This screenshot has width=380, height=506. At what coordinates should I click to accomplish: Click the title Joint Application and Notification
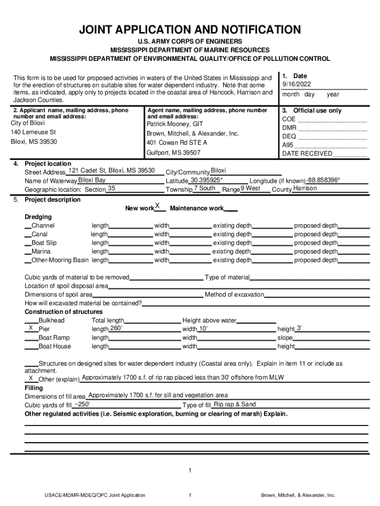pos(190,30)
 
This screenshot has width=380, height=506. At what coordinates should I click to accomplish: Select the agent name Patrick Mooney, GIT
pos(175,124)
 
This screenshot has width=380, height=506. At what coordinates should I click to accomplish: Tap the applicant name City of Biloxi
pos(28,123)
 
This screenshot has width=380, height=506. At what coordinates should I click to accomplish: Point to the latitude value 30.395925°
pos(207,180)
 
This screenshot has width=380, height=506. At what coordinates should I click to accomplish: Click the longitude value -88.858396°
pos(323,180)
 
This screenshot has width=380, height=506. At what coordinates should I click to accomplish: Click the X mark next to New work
pos(157,206)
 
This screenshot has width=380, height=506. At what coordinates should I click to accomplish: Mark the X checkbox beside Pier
pos(31,328)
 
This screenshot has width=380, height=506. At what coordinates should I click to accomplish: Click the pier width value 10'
pos(203,329)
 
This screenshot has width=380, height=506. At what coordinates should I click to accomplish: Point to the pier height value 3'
pos(299,328)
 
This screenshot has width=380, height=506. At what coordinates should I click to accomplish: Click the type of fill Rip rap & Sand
pos(234,404)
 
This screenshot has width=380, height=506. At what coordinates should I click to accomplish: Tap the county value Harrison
pos(305,188)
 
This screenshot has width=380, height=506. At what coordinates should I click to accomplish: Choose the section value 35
pos(112,188)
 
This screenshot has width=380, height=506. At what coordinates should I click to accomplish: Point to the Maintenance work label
pos(196,209)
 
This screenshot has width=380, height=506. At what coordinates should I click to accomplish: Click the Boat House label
pos(54,346)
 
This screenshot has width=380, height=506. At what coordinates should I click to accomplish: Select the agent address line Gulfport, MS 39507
pos(173,153)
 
